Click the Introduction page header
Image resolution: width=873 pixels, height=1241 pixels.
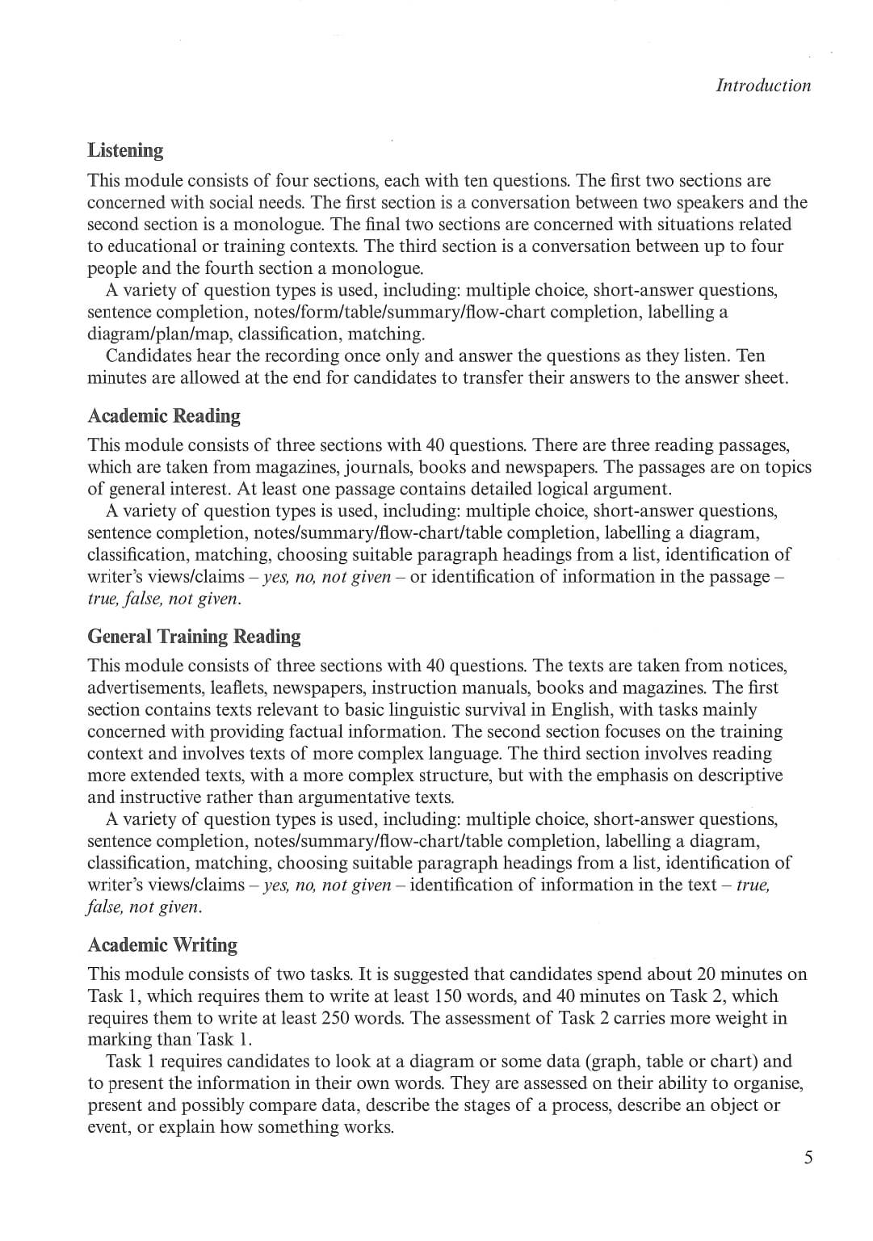click(x=762, y=86)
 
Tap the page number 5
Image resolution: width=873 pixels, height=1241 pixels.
click(x=808, y=1158)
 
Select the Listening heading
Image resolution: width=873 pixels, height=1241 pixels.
click(x=125, y=150)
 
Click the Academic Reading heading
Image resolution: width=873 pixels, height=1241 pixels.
click(x=164, y=415)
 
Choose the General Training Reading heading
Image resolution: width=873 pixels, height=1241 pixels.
click(x=194, y=636)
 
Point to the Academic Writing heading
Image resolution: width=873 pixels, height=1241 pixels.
click(x=162, y=944)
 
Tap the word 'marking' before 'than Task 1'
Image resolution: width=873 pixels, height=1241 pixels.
click(x=120, y=1040)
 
